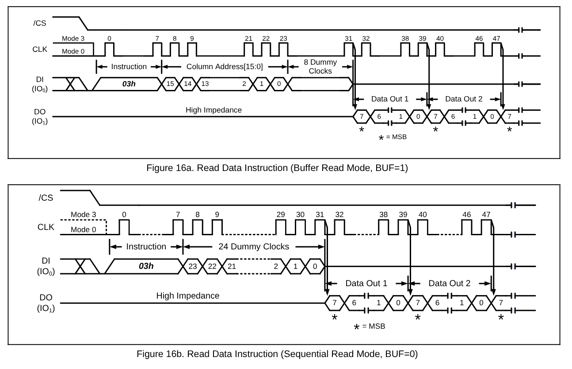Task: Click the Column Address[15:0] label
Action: pos(225,66)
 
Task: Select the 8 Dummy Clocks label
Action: pos(320,66)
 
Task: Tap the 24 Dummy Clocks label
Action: pos(254,246)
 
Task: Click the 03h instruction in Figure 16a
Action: pos(129,84)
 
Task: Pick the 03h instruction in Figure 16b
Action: pos(146,266)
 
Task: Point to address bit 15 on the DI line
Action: pos(170,84)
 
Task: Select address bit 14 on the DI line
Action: pos(187,84)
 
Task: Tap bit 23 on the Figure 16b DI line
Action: pos(192,266)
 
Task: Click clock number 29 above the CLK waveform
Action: pos(281,215)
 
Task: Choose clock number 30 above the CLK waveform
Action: pos(300,215)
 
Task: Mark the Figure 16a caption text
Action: pos(277,168)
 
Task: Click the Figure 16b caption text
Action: pos(277,354)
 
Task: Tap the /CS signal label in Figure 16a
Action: pos(40,23)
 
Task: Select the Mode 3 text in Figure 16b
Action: pos(84,215)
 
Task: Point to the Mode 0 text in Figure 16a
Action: pos(73,51)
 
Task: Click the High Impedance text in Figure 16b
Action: pos(188,295)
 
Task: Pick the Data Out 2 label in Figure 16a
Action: pos(464,99)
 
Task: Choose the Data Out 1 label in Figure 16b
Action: pos(366,283)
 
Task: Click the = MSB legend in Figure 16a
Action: pos(396,137)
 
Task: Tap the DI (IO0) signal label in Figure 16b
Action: pos(46,266)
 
